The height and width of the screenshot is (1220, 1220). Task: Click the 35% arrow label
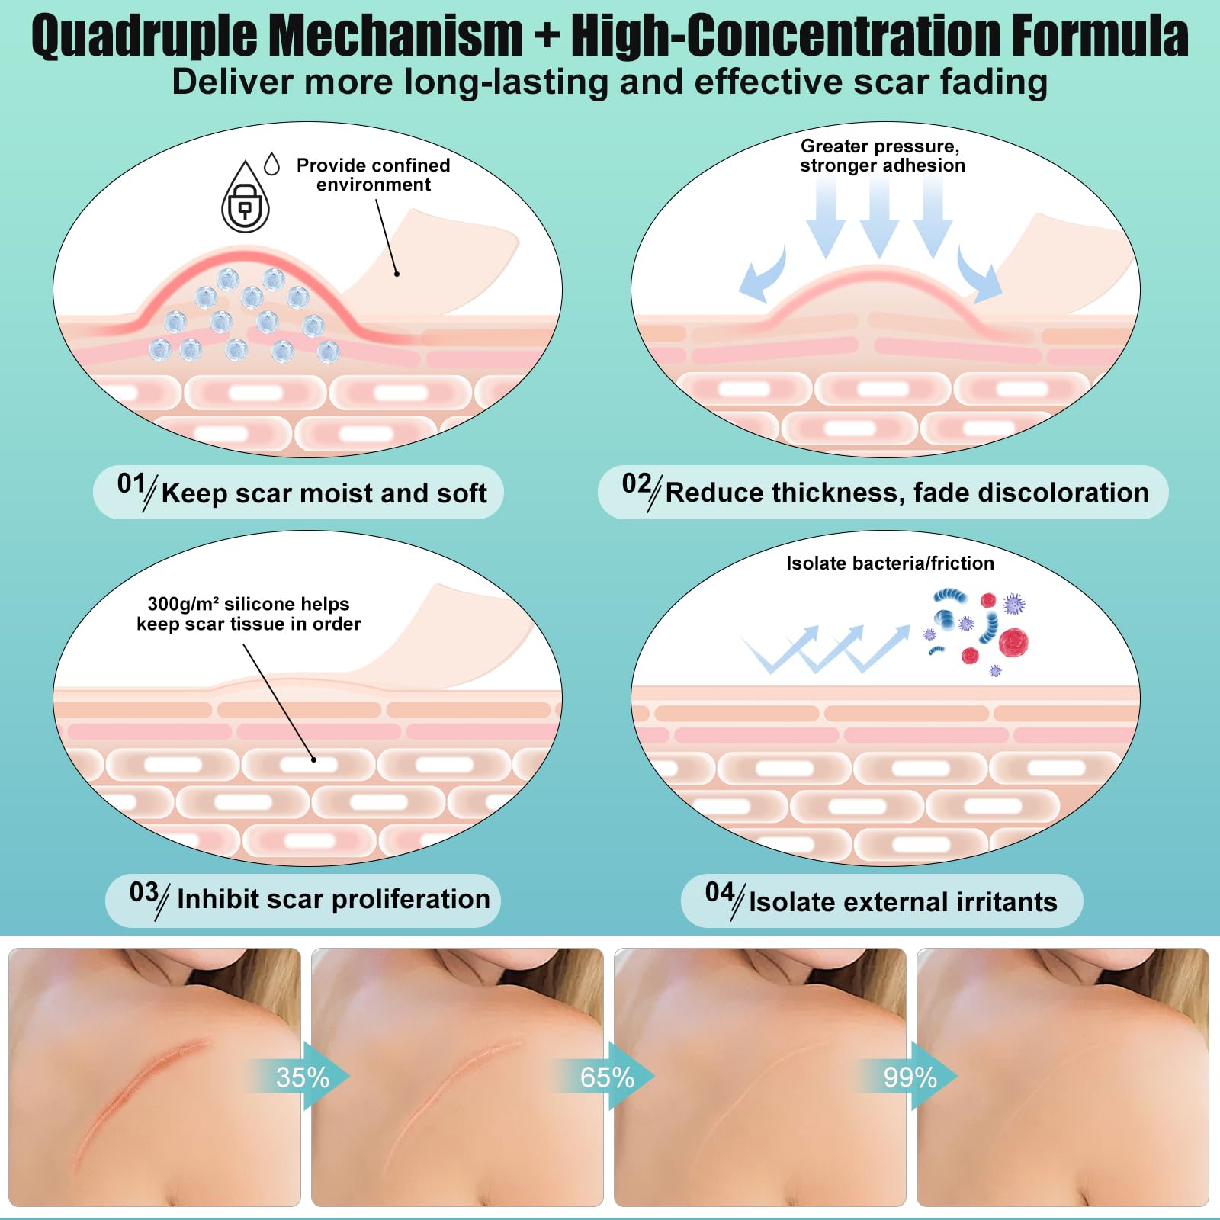point(302,1077)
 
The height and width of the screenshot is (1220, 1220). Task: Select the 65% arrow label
point(607,1077)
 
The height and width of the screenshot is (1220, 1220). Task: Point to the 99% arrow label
point(910,1077)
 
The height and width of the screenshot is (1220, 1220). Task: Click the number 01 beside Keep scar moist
point(131,483)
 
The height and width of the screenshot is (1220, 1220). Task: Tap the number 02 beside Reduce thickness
point(637,483)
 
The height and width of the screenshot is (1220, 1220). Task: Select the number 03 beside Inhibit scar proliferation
point(144,892)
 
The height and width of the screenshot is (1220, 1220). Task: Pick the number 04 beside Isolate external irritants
point(720,892)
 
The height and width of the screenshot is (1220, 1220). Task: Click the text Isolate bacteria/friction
point(890,563)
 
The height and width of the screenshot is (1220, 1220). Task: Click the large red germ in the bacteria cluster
point(1013,643)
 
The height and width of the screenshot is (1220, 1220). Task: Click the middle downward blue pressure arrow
point(879,217)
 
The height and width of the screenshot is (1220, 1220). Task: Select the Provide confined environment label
point(373,175)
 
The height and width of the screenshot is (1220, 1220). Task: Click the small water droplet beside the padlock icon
point(271,163)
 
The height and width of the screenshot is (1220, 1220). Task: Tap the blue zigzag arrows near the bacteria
point(826,649)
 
